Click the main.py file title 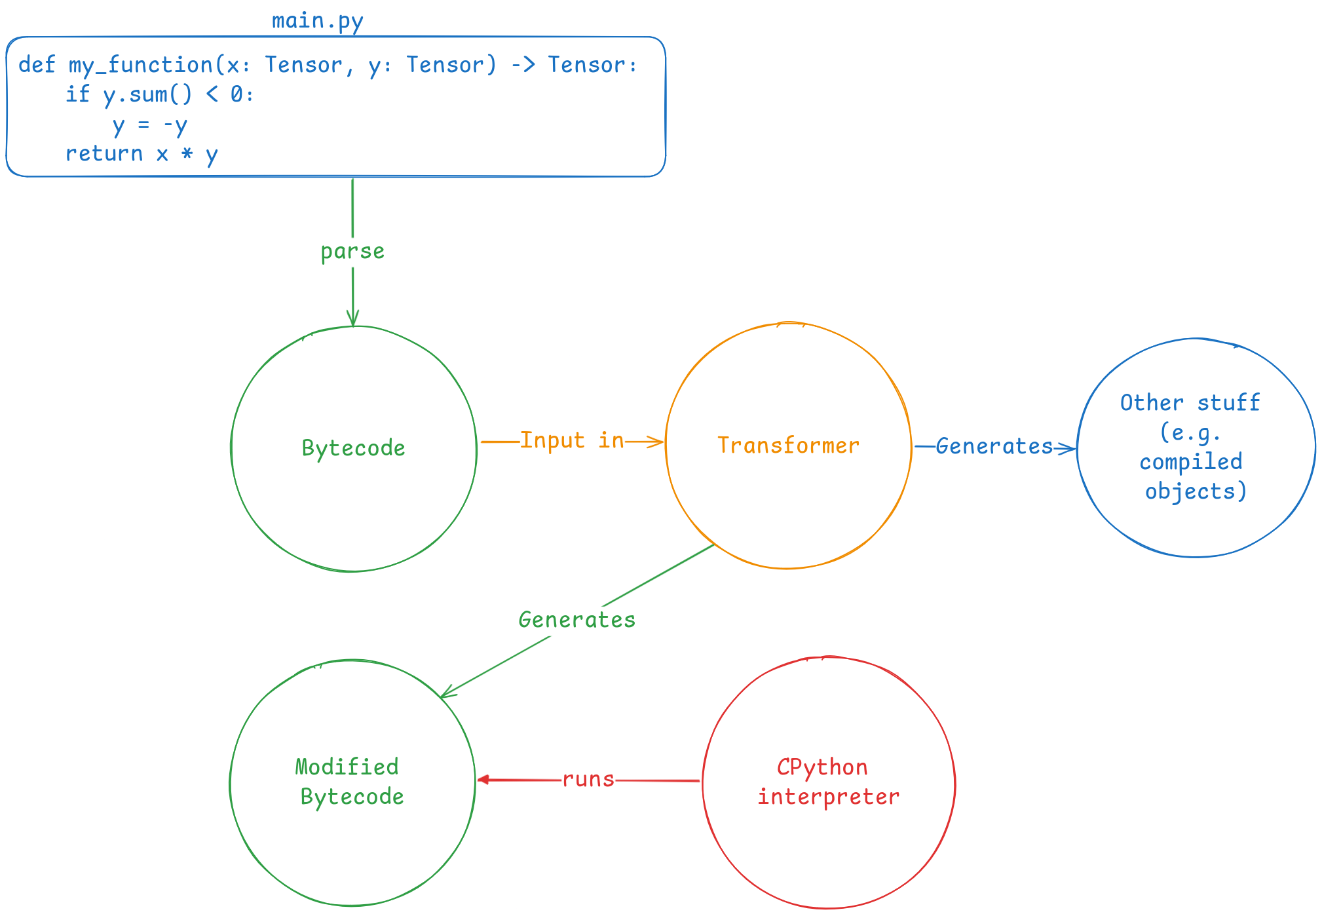[318, 22]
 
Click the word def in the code [37, 64]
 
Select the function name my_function [141, 65]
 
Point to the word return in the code [104, 153]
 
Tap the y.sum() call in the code [148, 95]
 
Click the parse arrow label [352, 252]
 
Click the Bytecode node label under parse [354, 448]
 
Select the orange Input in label [572, 440]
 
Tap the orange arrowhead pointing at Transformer [656, 442]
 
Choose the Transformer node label [788, 446]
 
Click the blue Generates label [994, 446]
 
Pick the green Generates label [577, 620]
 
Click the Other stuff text [1190, 402]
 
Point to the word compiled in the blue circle [1191, 462]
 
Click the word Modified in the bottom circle [347, 767]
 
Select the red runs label [588, 779]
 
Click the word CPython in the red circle [822, 767]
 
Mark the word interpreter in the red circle [829, 797]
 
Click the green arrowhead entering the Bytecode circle [353, 318]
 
